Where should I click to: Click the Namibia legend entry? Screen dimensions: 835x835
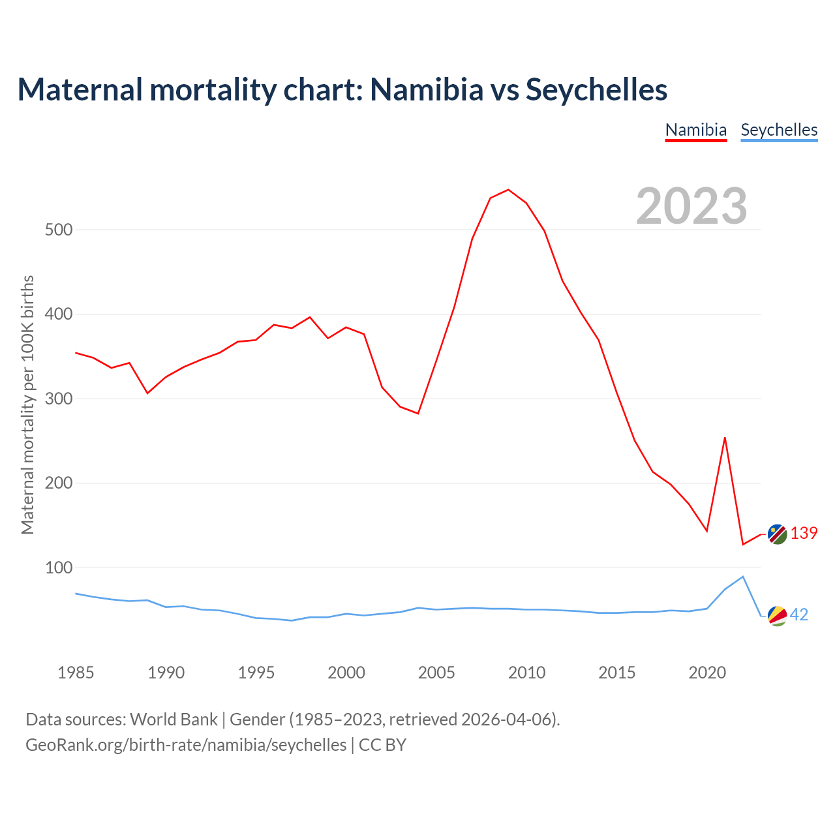click(x=695, y=130)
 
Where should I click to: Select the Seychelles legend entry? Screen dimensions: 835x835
click(x=779, y=130)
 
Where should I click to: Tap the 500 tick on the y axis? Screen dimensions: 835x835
click(x=59, y=230)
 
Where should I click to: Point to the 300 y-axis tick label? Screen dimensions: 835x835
click(x=59, y=399)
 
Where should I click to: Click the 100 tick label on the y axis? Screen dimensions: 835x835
click(x=59, y=568)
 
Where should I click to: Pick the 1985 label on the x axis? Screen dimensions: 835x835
click(x=76, y=673)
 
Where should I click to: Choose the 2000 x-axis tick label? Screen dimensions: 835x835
click(x=346, y=673)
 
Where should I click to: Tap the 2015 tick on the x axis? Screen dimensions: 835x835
click(x=617, y=673)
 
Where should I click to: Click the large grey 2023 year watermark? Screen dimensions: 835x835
click(x=691, y=206)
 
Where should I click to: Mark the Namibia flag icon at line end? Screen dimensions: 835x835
click(x=777, y=534)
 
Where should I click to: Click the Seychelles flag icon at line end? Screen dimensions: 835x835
click(x=777, y=615)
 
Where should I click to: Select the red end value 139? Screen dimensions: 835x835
click(x=804, y=534)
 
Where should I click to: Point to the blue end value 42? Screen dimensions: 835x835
click(x=799, y=615)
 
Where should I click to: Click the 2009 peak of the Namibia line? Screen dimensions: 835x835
click(x=508, y=190)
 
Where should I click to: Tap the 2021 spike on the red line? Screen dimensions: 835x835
click(x=725, y=438)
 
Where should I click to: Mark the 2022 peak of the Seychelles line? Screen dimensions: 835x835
click(x=743, y=577)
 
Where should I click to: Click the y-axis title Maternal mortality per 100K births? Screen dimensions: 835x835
click(x=27, y=404)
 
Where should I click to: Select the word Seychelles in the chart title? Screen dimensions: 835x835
click(x=596, y=89)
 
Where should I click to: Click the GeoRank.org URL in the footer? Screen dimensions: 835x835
click(x=186, y=745)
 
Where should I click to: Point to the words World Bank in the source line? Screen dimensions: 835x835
click(x=174, y=720)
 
